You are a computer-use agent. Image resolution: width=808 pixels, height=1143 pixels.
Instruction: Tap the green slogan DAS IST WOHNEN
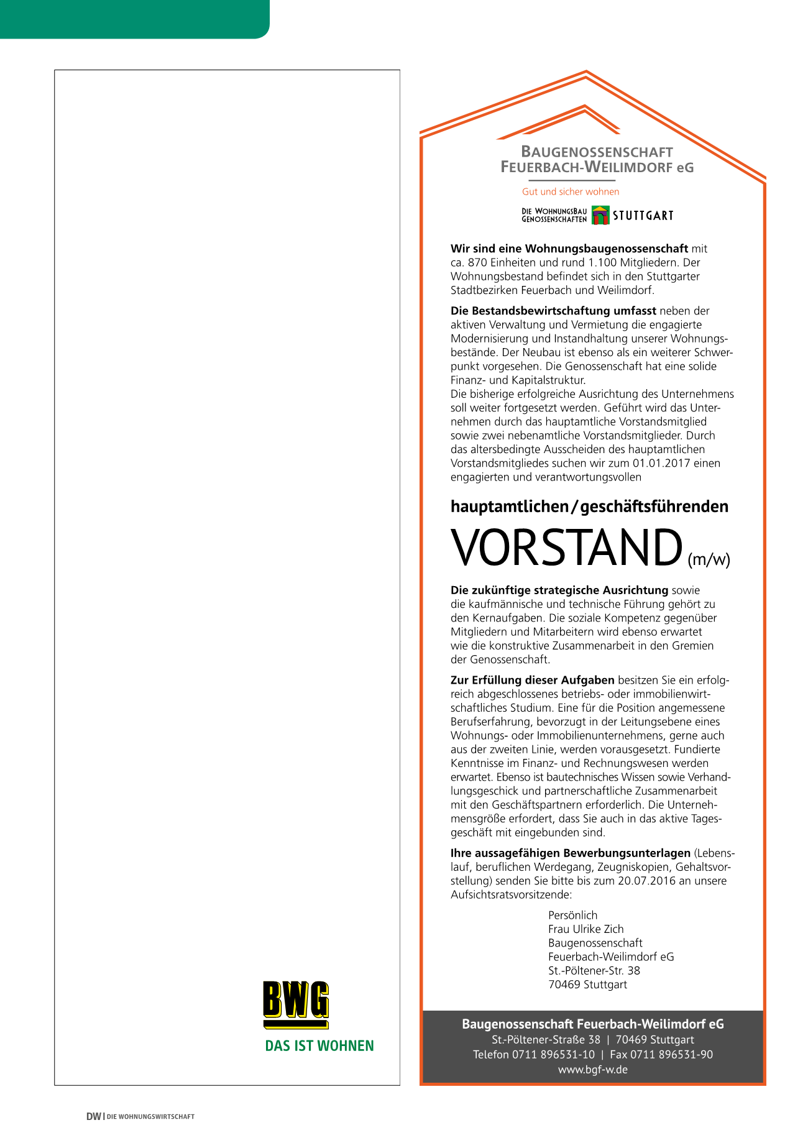[319, 1046]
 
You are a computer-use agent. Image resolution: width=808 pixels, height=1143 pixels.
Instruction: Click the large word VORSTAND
[566, 548]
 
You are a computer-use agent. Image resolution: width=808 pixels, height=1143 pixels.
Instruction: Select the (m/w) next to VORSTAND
[709, 559]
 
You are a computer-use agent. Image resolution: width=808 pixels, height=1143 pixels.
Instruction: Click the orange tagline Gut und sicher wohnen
[571, 192]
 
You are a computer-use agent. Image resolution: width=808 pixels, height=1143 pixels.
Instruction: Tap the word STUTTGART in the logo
[643, 216]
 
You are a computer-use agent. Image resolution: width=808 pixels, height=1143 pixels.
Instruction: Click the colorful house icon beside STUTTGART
[600, 215]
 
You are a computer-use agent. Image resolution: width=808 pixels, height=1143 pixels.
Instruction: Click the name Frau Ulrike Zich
[585, 929]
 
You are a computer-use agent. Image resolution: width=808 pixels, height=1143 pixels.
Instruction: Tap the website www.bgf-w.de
[592, 1070]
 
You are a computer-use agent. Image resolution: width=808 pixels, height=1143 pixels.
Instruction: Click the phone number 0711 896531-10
[553, 1055]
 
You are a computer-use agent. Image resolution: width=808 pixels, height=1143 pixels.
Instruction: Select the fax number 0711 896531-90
[672, 1055]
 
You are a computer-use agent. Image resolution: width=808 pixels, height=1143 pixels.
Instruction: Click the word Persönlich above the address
[572, 916]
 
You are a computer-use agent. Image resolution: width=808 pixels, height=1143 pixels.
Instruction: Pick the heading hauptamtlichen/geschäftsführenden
[589, 507]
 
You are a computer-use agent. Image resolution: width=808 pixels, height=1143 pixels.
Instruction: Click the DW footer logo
[93, 1117]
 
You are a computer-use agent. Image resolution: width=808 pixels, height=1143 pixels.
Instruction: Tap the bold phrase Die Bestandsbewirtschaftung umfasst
[553, 311]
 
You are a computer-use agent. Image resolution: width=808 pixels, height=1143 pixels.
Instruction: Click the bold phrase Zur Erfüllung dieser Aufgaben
[532, 681]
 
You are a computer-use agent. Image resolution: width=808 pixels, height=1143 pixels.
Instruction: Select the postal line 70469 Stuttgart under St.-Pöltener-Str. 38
[587, 985]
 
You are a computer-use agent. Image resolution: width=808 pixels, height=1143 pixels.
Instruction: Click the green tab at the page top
[134, 19]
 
